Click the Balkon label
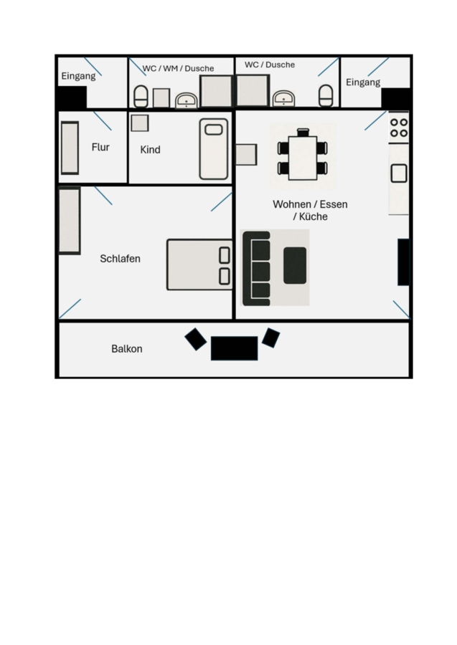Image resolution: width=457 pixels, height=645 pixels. pos(127,349)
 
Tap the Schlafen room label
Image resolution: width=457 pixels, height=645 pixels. pos(121,259)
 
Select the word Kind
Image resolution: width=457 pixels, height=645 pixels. pos(150,150)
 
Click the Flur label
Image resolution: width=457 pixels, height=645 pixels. pos(100,147)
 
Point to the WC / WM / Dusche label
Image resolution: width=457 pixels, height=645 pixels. pos(178,68)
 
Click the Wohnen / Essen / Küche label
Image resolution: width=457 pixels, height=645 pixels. pos(310,210)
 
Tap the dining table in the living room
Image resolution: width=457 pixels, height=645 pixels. pos(303,158)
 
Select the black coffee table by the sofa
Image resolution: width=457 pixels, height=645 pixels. pos(295,265)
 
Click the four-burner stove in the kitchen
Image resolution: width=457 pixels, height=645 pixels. pos(399,128)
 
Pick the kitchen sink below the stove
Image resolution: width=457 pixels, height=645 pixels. pos(399,173)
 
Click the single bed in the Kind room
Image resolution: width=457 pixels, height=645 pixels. pos(214,149)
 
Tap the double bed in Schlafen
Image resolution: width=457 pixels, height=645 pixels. pos(199,265)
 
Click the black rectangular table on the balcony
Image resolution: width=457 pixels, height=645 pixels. pos(235,348)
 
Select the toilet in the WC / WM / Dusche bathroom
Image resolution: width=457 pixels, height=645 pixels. pos(141,97)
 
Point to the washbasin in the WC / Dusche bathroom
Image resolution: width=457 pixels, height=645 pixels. pos(284,98)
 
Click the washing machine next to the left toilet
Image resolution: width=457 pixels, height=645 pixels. pos(161,98)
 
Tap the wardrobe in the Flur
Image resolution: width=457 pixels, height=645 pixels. pos(70,148)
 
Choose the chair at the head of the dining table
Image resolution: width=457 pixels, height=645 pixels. pos(303,132)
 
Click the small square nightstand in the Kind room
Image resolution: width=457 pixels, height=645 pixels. pos(140,123)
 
